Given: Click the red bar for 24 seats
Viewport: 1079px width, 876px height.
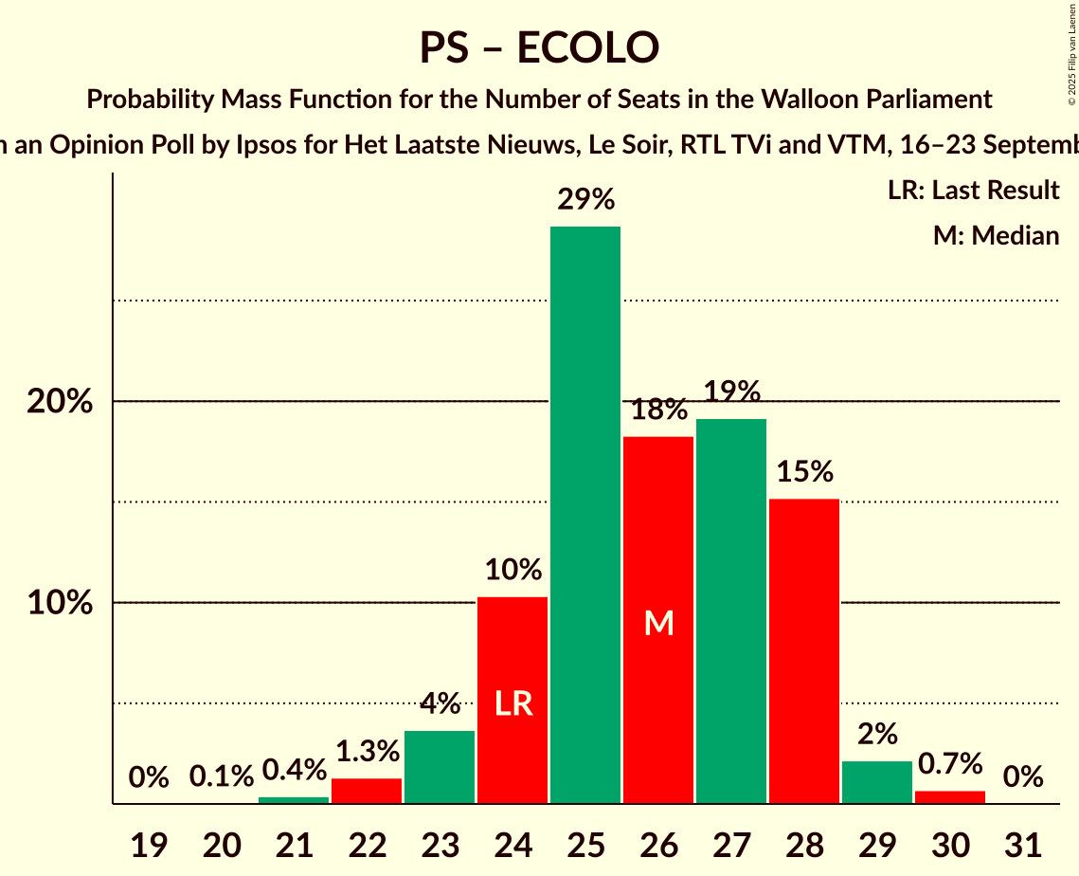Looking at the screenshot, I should coord(513,701).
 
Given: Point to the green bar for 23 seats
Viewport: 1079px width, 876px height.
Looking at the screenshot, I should coord(440,767).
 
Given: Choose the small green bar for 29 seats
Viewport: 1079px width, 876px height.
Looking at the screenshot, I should coord(877,782).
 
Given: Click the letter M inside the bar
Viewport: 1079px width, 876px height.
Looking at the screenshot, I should coord(658,623).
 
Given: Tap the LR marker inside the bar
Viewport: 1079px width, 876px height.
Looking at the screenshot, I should coord(513,703).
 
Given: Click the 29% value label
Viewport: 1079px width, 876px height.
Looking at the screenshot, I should coord(585,200).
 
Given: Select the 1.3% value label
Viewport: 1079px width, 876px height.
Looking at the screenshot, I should coord(367,752).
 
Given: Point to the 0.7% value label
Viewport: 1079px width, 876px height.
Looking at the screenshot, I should coord(950,763).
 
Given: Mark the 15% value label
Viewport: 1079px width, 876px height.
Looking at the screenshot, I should coord(804,471).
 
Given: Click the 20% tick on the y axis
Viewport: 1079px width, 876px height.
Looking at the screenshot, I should coord(60,402).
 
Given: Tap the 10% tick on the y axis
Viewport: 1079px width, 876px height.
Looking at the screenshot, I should coord(60,603).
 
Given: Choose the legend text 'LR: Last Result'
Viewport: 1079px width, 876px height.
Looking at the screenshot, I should coord(973,191).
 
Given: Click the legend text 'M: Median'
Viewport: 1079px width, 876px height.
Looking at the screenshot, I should coord(996,235).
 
